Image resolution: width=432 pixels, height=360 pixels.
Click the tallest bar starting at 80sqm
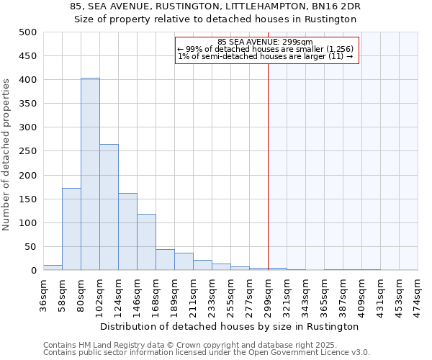coord(90,174)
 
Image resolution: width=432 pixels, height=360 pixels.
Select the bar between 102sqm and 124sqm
coord(109,207)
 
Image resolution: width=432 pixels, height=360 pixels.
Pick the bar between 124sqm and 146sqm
coord(127,232)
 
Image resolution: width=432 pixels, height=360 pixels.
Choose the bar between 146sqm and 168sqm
coord(146,242)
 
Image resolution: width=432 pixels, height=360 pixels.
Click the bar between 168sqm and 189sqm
coord(165,260)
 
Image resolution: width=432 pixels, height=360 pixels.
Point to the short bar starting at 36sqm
coord(53,267)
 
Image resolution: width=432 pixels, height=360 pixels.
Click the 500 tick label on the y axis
coord(28,32)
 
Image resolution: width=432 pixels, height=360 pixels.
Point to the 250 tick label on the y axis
coord(28,151)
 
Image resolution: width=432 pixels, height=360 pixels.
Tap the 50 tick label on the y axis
coord(31,247)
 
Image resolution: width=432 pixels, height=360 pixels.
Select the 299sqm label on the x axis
coord(268,295)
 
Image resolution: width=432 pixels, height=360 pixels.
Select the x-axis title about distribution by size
coord(230,326)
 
